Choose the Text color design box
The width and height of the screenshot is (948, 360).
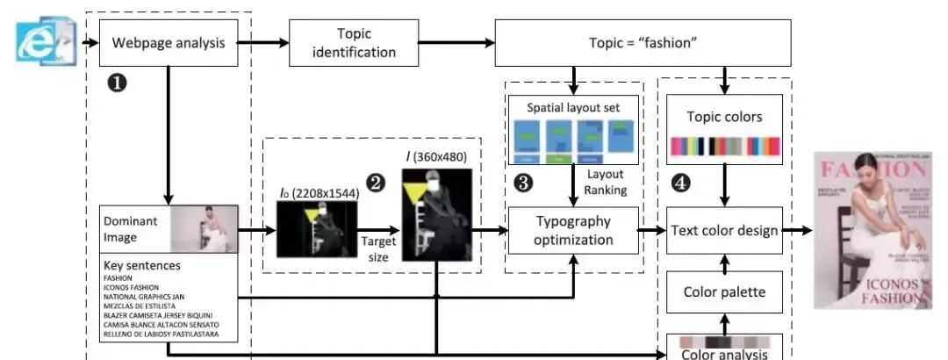725,230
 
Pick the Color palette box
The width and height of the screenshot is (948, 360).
725,292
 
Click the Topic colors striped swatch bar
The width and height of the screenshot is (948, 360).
725,147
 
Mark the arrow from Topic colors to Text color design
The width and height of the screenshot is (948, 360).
725,187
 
